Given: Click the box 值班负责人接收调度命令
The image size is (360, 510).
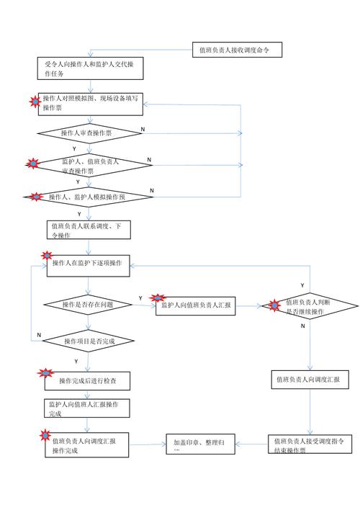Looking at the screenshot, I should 237,50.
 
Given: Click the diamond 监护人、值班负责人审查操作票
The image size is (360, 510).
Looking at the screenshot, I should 90,164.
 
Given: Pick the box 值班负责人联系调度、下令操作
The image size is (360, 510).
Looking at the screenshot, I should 89,231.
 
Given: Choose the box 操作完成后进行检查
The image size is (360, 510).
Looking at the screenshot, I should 88,380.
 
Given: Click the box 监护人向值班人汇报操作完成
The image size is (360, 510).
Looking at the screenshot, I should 87,410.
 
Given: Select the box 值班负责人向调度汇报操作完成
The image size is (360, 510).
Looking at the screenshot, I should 88,444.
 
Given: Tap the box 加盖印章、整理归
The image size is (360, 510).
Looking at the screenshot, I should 202,444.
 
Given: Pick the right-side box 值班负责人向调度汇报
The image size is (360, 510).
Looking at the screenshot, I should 310,379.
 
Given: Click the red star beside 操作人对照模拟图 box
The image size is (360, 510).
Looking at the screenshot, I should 33,101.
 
